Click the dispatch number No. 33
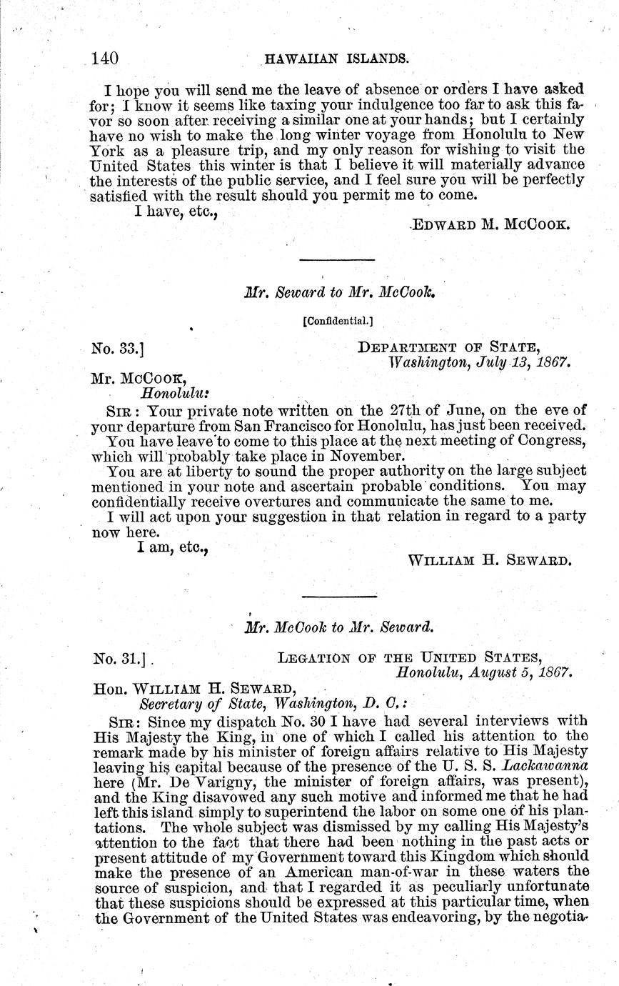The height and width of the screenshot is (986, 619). pos(119,349)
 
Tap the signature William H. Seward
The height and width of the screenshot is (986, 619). pos(489,561)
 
